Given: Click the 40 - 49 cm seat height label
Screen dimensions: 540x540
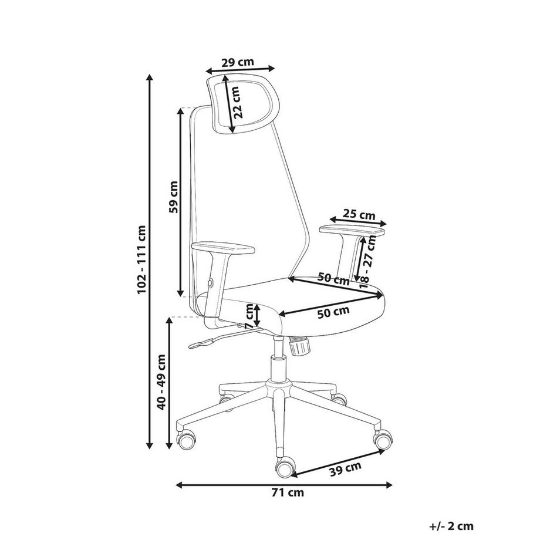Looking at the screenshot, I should (161, 382).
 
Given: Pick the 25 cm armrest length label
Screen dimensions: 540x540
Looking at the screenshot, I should (359, 215).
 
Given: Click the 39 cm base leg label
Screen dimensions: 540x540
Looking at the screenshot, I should (345, 468).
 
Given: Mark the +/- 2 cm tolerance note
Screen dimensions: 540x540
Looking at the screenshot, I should (453, 527).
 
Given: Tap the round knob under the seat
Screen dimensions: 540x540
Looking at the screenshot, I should (299, 346).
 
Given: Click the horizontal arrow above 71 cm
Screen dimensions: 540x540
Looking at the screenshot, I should (284, 485).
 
